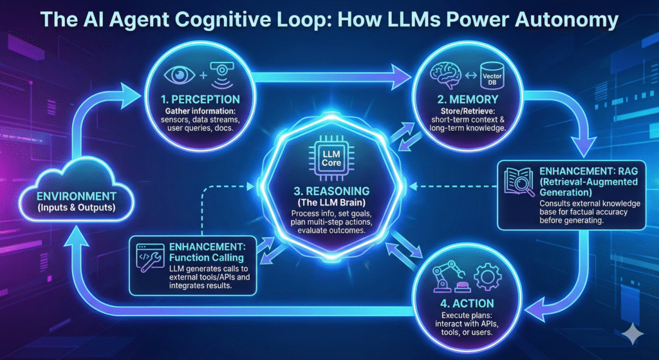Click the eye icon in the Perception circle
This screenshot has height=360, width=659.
(x=175, y=73)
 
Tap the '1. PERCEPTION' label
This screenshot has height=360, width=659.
(x=200, y=100)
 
